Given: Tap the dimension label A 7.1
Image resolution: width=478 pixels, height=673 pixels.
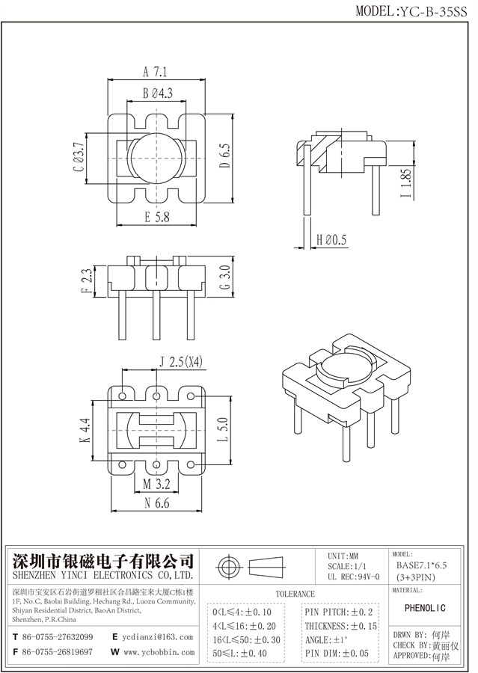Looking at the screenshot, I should [x=154, y=73].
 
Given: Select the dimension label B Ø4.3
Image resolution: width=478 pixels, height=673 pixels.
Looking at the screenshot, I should [x=157, y=93].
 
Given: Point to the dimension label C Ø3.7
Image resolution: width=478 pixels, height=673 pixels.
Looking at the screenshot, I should [x=77, y=158].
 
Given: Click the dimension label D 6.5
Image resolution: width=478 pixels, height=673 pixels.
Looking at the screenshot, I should [x=224, y=158].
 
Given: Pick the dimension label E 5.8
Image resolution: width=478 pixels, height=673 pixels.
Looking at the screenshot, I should [x=156, y=218].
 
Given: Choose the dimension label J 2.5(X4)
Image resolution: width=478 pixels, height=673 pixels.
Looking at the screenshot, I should [x=181, y=363].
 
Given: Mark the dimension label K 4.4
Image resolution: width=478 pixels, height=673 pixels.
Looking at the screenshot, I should [x=85, y=430].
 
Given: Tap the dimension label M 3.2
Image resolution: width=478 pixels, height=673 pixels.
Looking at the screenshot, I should [x=156, y=485].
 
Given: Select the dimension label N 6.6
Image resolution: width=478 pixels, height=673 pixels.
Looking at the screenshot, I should [x=156, y=505].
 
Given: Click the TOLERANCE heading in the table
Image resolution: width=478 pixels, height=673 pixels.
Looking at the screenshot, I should [x=295, y=594].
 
